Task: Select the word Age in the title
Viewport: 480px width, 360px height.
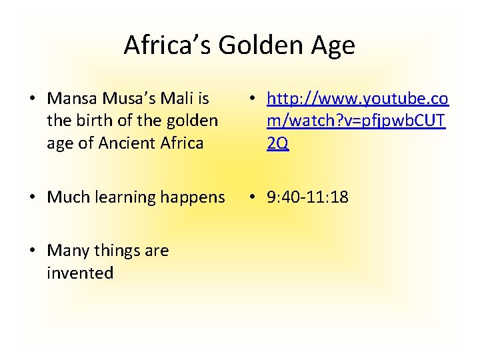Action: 331,45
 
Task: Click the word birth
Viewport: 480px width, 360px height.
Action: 91,121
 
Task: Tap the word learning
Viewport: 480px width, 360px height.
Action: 127,197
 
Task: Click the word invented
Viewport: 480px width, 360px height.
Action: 81,273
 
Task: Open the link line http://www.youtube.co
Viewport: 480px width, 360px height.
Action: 357,99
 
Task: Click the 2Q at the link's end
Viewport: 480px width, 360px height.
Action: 277,143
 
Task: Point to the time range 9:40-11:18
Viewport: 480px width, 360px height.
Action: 307,197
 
